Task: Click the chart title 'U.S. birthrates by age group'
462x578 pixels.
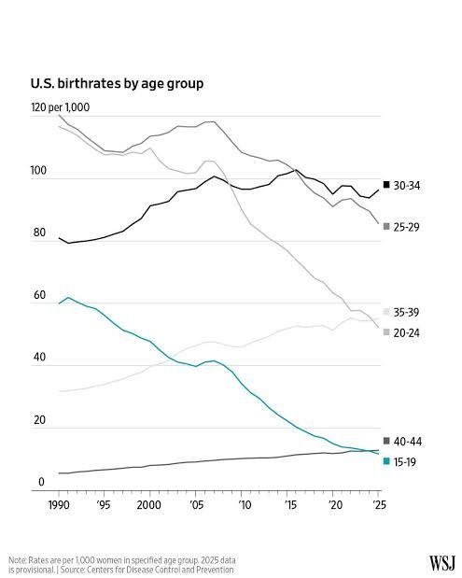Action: point(117,84)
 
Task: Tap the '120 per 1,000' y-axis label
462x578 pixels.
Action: point(60,107)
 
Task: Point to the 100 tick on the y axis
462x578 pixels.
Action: point(38,171)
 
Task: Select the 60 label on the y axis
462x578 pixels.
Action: point(39,295)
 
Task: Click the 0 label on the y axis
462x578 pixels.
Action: point(41,482)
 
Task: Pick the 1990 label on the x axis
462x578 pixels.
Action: point(59,504)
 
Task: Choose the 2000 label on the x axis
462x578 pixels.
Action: point(149,504)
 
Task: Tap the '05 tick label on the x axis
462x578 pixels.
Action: point(196,504)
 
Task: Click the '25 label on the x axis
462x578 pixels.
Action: point(380,504)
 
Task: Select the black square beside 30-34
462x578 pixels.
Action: point(386,184)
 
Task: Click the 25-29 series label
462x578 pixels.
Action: point(406,227)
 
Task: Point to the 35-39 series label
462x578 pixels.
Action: point(406,312)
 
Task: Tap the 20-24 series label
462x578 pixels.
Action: point(406,332)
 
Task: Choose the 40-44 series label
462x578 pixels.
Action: point(407,442)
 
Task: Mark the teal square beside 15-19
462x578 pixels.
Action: point(386,461)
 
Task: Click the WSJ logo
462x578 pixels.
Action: point(442,563)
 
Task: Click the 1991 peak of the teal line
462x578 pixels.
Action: point(68,298)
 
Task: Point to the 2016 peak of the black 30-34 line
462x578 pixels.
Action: point(296,170)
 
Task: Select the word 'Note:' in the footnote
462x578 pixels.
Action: point(17,560)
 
